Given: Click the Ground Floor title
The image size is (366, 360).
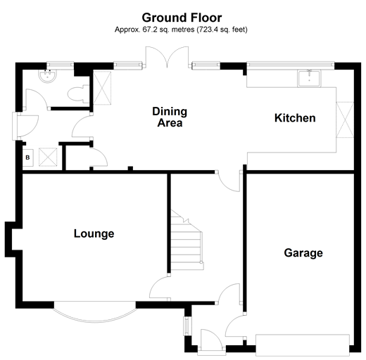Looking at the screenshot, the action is [x=182, y=18].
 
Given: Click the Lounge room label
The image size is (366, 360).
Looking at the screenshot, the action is [x=94, y=233].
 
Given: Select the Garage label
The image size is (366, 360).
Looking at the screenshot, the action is [x=303, y=253].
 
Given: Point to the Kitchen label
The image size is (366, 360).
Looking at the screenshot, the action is [x=295, y=118].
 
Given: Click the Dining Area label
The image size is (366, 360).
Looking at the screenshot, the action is [x=170, y=117].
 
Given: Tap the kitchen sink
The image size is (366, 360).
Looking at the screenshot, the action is [x=309, y=79].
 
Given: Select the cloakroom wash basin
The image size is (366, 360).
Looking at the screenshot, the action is [x=47, y=75].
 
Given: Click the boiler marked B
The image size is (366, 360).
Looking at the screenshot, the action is [x=27, y=157].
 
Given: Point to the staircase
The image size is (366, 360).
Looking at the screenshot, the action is [x=187, y=240].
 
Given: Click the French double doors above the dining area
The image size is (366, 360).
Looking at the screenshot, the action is [x=167, y=57].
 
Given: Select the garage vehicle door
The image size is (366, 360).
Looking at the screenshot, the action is [x=303, y=345].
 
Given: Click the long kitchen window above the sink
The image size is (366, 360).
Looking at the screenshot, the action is [x=291, y=65].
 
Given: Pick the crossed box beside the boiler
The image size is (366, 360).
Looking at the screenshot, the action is [x=48, y=157].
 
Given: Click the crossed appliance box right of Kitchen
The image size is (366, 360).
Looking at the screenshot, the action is [x=345, y=120].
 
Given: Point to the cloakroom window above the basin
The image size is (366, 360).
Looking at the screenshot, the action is [x=61, y=65].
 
